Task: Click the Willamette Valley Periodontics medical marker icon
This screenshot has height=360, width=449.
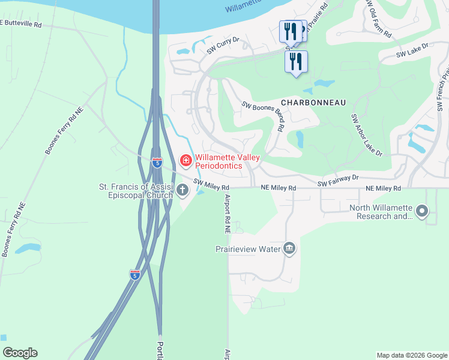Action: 185,161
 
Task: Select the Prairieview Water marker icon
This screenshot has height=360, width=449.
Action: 289,248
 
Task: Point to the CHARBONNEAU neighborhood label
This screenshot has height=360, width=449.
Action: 312,103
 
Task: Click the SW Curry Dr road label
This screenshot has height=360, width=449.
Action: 223,46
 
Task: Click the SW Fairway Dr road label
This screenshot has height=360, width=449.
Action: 338,180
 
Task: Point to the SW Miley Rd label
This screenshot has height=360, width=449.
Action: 211,187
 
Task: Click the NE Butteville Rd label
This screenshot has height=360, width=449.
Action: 21,24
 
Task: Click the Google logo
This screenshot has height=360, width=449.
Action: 20,353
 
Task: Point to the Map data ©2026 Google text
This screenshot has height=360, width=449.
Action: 411,355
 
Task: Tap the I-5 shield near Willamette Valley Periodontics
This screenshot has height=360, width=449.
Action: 157,163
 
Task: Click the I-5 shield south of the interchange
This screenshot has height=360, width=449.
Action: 135,275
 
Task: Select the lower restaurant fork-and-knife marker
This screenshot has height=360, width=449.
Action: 296,61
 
